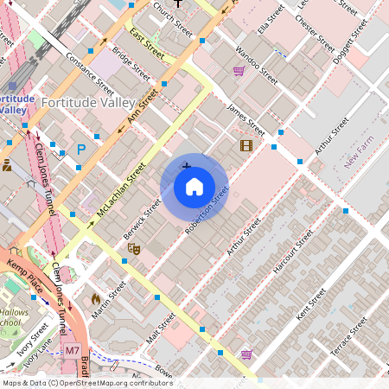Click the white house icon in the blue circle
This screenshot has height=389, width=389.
tap(194, 187)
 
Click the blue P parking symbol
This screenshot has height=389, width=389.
tap(81, 150)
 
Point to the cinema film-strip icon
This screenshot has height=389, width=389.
tap(246, 145)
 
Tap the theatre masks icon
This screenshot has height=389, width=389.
tap(133, 248)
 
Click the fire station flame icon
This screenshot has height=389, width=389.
tap(95, 298)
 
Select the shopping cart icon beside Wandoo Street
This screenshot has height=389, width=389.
tap(238, 71)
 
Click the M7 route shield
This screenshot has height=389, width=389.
tap(73, 352)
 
